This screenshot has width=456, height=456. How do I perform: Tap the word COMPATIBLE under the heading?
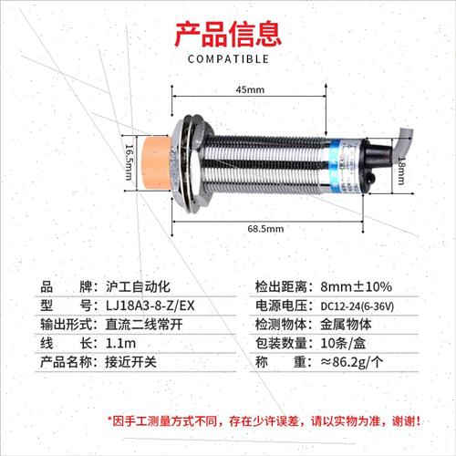coord(228,60)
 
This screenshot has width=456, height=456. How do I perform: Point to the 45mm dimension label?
coord(250,90)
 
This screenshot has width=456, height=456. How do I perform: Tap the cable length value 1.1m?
coord(121,343)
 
